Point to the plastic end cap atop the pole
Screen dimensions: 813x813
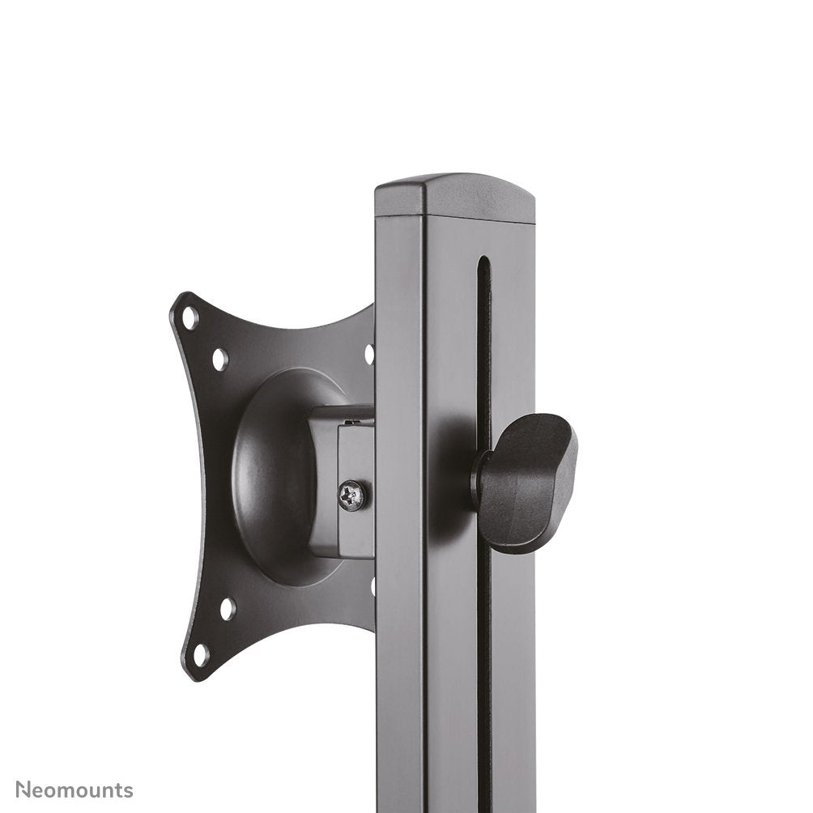coord(454,197)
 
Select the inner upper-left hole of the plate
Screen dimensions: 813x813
coord(219,358)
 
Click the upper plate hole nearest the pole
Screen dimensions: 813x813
coord(369,354)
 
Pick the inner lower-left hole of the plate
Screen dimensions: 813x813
coord(228,608)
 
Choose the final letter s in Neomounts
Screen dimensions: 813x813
coord(128,790)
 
